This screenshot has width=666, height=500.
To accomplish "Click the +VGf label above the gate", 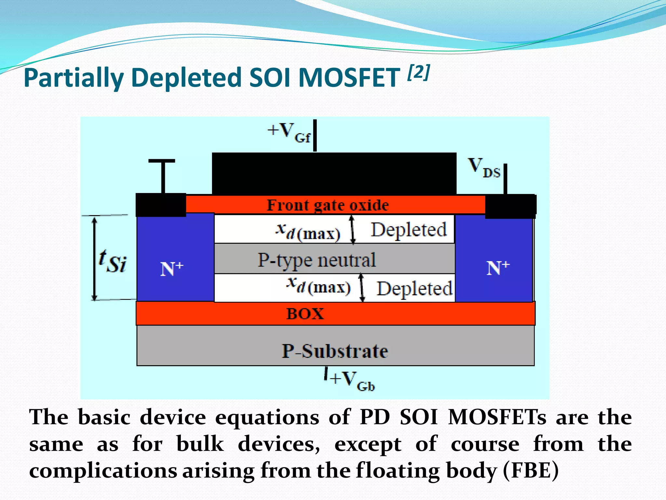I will pos(289,133).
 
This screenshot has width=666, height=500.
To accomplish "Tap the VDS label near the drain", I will pos(484,168).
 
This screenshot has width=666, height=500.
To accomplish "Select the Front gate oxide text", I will pos(327,205).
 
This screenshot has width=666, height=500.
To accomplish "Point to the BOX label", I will pos(305,314).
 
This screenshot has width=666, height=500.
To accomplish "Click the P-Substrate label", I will pos(335,351).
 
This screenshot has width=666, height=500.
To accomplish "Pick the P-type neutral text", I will pos(317,260).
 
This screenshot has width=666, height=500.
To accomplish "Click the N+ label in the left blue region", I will pos(172,269).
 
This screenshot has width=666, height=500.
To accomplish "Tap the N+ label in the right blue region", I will pos(498,268).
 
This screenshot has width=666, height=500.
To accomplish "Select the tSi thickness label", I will pos(112,261).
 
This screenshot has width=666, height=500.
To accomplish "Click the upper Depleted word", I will pos(409,229).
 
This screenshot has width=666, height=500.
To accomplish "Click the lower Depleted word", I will pos(414,288).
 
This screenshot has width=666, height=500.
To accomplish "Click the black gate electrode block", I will pos(334,174).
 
